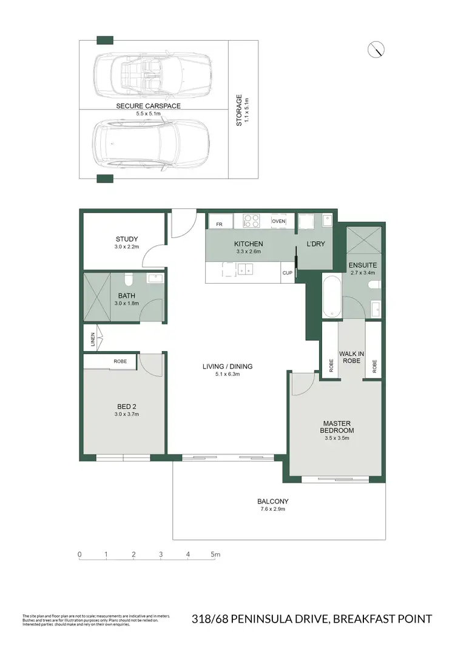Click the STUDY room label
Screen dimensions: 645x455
click(127, 239)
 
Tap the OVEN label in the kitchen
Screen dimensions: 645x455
click(278, 221)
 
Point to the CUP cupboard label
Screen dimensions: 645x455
click(287, 273)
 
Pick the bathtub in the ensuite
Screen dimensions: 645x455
click(331, 297)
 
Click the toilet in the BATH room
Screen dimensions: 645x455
click(128, 280)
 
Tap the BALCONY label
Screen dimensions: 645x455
click(272, 501)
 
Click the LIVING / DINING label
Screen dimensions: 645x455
click(227, 366)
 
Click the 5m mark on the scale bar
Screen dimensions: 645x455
click(215, 555)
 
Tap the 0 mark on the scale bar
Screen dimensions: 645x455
click(79, 555)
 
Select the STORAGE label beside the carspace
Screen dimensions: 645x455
click(239, 109)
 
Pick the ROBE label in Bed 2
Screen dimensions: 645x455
click(120, 361)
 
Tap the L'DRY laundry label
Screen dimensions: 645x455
click(315, 244)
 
